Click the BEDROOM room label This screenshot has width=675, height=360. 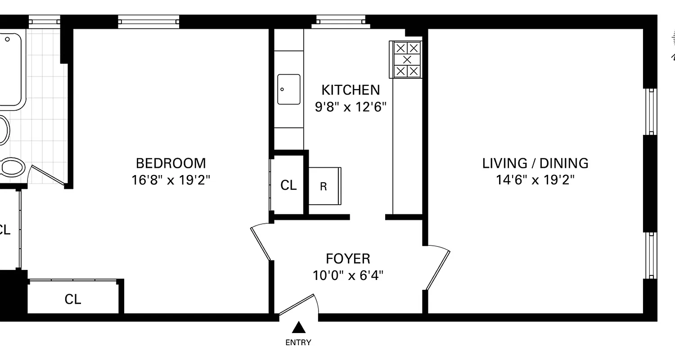[x=171, y=163]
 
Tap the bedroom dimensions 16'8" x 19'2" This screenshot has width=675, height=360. [x=171, y=180]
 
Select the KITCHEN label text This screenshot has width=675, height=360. [x=351, y=90]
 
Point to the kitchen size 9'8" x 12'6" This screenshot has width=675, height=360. [x=351, y=107]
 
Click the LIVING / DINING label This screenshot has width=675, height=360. [x=535, y=163]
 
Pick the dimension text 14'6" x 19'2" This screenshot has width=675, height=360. [x=535, y=180]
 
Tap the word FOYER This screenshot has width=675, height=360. [x=348, y=259]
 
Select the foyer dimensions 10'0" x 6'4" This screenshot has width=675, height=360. [x=348, y=275]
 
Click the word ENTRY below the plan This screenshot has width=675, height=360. [x=298, y=342]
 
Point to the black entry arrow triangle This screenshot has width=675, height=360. [x=298, y=327]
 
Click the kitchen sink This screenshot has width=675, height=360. [x=288, y=89]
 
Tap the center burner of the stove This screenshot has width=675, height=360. [x=407, y=59]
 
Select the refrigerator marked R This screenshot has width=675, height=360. [x=324, y=186]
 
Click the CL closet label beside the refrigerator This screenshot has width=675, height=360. [x=288, y=185]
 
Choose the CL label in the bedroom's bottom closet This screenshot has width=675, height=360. [x=73, y=299]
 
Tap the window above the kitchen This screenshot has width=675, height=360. [x=341, y=21]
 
